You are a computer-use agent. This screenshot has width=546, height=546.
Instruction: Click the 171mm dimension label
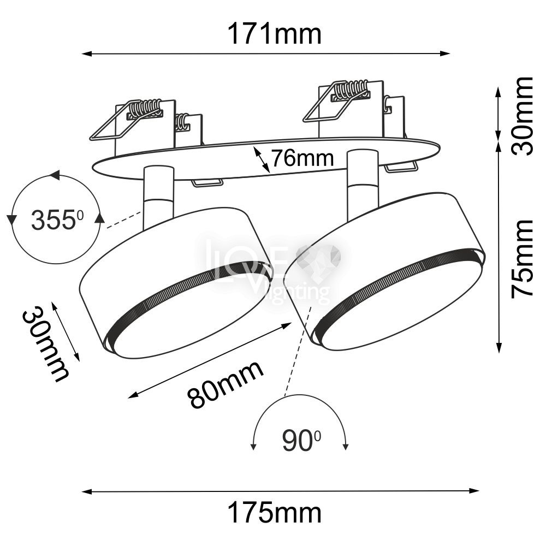(275, 34)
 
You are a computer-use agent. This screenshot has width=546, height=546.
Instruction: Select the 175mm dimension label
(275, 513)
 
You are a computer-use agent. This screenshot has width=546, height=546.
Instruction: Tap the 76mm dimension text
(302, 158)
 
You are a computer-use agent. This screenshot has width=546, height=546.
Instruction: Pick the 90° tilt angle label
(301, 441)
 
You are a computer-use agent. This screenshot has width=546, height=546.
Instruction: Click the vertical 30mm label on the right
(522, 116)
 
